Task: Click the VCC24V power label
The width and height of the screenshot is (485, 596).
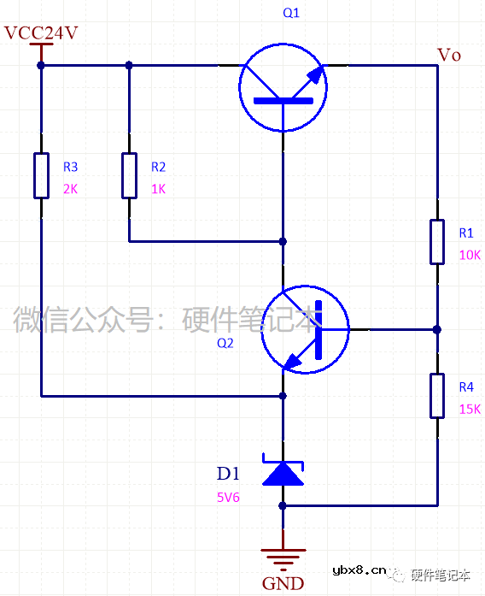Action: (41, 33)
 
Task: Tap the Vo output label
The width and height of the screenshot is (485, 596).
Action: (449, 55)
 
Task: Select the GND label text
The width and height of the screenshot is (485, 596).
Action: (283, 584)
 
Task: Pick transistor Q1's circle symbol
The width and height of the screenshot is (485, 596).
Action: (283, 88)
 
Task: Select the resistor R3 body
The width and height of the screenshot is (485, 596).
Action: (41, 175)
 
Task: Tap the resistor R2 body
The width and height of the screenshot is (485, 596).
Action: (129, 175)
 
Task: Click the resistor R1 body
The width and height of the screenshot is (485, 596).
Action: (437, 241)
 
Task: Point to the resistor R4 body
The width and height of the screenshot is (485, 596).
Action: (437, 395)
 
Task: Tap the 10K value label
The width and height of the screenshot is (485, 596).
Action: (470, 255)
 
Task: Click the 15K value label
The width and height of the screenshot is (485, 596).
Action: (470, 409)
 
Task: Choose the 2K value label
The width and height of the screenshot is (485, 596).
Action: (70, 189)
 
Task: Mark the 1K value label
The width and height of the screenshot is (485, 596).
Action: (158, 189)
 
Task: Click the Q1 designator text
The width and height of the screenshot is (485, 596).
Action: (291, 14)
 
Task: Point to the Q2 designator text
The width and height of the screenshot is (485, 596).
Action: (225, 343)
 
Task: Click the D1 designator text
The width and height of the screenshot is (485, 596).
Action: (228, 474)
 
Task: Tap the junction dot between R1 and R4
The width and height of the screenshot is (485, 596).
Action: (437, 329)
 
